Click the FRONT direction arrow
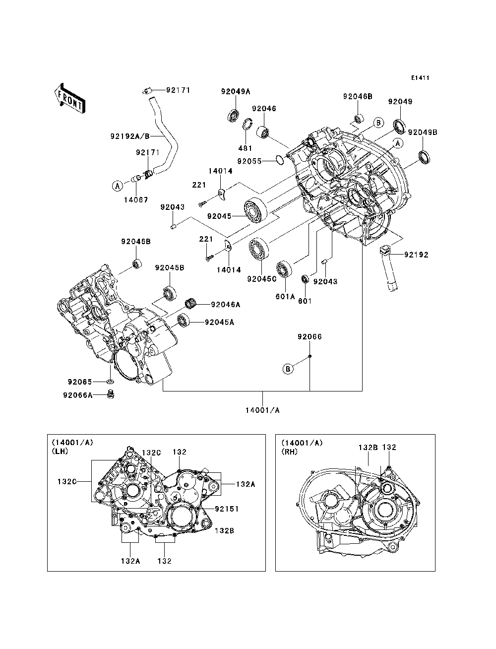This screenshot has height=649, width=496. [x=70, y=98]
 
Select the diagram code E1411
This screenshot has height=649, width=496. [x=420, y=78]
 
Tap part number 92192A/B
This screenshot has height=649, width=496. [x=130, y=136]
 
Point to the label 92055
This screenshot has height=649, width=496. [x=249, y=161]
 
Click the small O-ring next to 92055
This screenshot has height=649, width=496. [x=280, y=160]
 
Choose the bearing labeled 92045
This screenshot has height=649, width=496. [x=255, y=209]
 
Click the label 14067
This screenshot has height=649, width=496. [x=136, y=200]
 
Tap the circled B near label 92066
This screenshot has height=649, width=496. [x=288, y=369]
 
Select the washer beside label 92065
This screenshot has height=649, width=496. [x=110, y=382]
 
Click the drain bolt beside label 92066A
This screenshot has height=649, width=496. [x=111, y=394]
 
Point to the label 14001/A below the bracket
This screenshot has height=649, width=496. [x=262, y=410]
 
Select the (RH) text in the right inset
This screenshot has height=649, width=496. [x=290, y=452]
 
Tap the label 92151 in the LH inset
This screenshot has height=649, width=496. [x=227, y=509]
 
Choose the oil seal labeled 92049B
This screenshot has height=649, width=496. [x=425, y=157]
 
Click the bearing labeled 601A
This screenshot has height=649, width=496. [x=284, y=269]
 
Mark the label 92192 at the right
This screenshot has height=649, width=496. [x=416, y=255]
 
